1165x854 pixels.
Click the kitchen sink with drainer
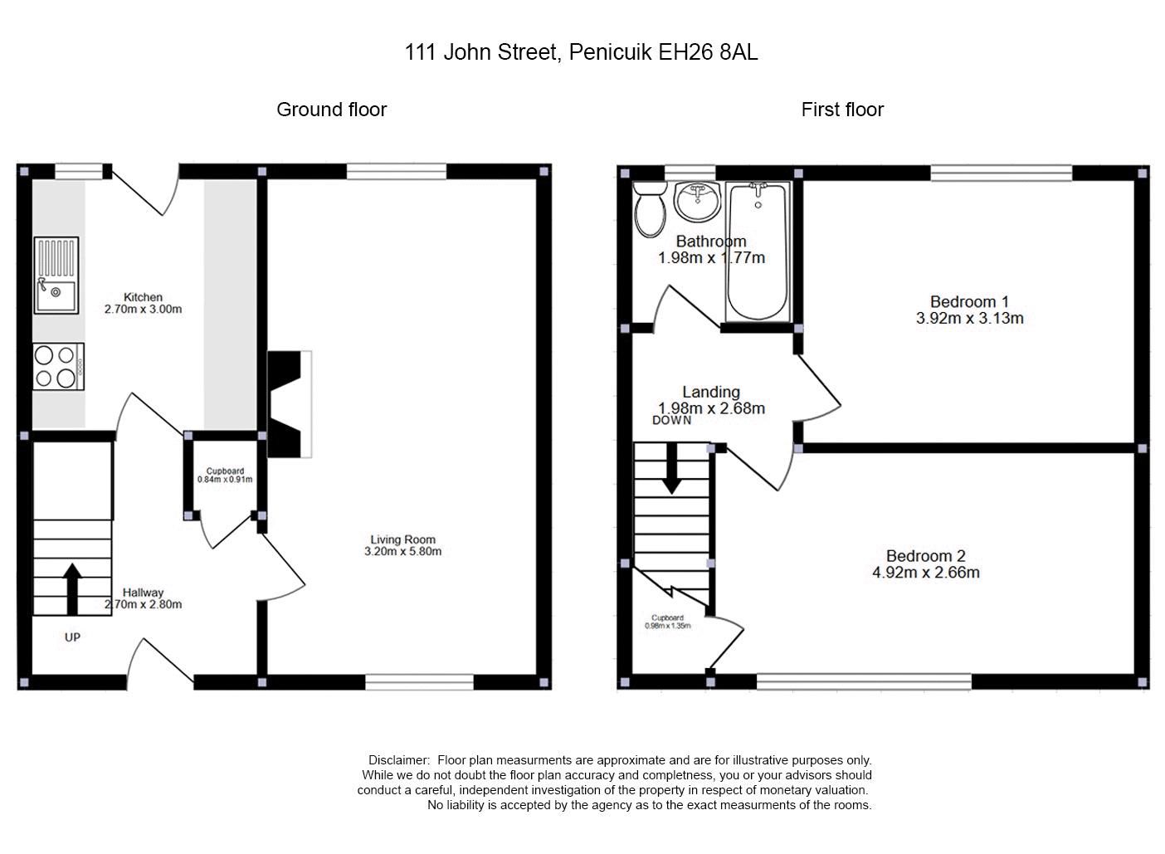pos(56,275)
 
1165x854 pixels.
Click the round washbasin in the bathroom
pos(697,202)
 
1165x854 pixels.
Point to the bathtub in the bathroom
pos(757,251)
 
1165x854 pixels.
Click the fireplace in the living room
pos(287,404)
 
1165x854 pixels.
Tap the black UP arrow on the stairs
pos(72,588)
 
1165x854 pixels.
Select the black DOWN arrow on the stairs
pos(670,469)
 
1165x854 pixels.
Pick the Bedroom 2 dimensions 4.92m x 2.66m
pos(925,572)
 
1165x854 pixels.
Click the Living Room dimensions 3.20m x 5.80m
pos(402,551)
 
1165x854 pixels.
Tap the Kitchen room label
pos(143,297)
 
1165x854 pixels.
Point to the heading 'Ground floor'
pos(331,110)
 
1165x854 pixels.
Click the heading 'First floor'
pos(841,110)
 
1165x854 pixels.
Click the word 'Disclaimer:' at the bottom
pos(399,760)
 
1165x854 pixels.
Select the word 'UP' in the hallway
pos(73,637)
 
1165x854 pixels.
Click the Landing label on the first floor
pos(711,392)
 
